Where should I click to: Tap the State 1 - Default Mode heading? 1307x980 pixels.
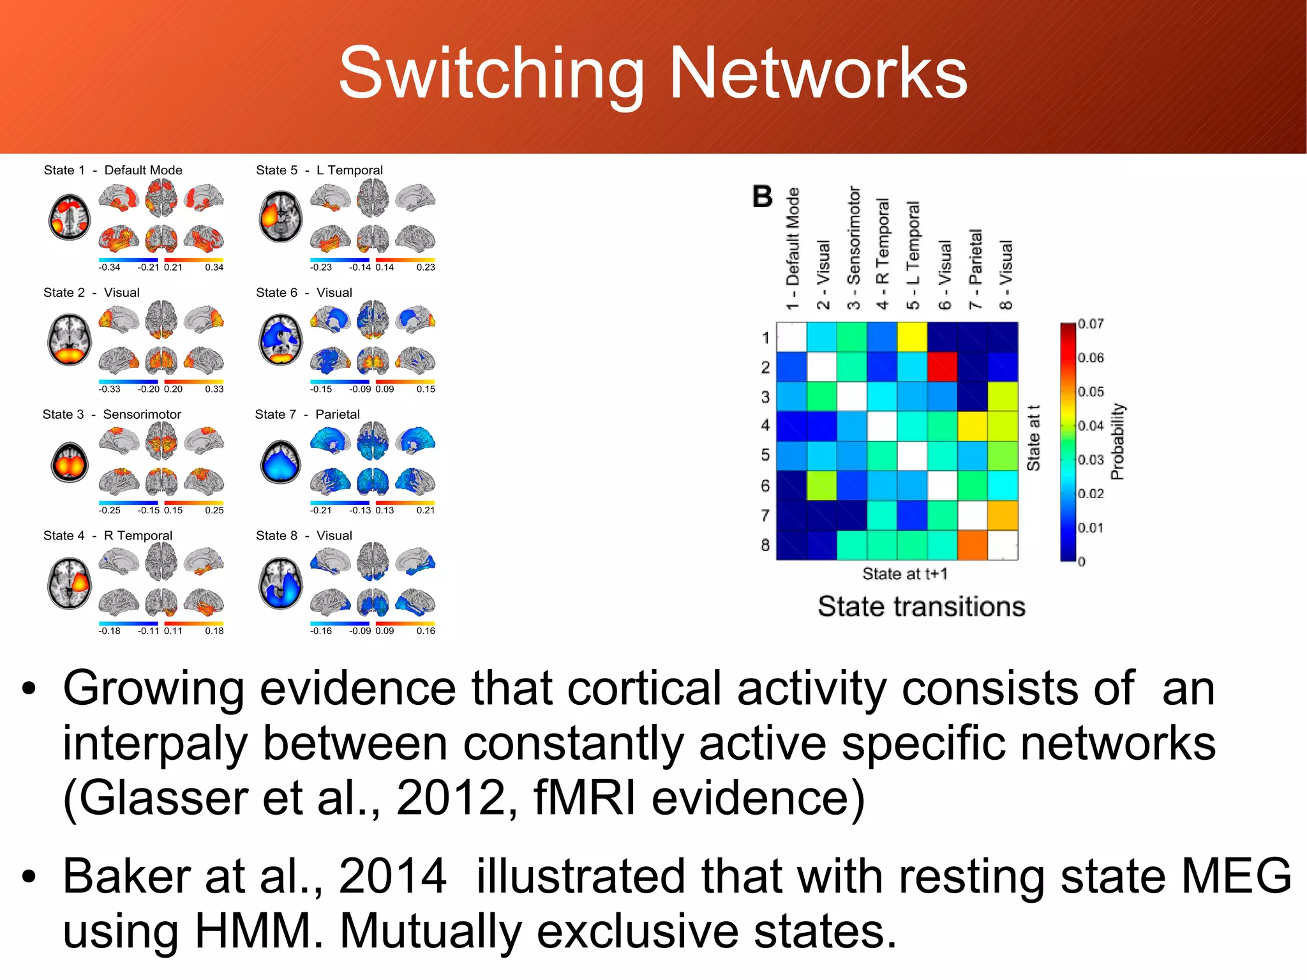[113, 170]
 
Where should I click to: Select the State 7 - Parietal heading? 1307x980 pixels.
[307, 414]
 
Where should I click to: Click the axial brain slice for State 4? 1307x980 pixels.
[70, 584]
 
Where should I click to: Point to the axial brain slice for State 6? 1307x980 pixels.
[281, 339]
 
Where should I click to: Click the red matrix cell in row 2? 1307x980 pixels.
[942, 367]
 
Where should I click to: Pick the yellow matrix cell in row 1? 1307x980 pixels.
[912, 337]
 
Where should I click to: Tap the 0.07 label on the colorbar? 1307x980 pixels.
[1091, 324]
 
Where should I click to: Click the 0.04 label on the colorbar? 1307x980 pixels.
[1091, 426]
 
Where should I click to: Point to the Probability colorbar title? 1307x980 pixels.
[1117, 441]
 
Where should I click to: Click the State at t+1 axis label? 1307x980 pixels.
[905, 574]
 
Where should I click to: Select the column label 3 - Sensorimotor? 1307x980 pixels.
[854, 248]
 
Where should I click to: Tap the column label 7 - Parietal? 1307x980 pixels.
[975, 269]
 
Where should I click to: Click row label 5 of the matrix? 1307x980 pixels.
[765, 455]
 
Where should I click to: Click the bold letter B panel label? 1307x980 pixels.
[763, 197]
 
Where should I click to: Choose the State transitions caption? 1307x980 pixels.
[922, 607]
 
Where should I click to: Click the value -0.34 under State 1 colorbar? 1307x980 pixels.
[110, 268]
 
